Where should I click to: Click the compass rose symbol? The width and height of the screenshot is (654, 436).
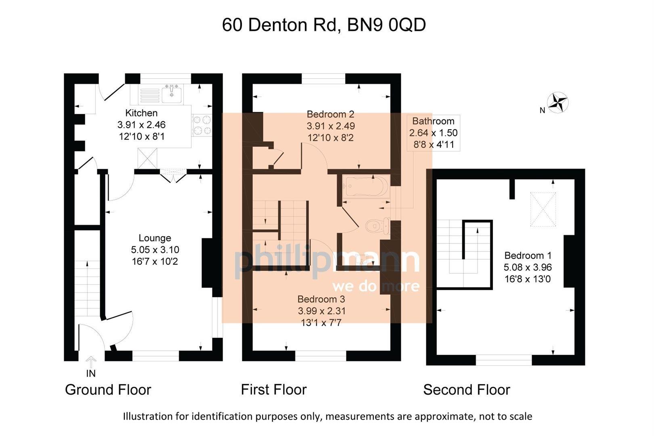click(x=558, y=102)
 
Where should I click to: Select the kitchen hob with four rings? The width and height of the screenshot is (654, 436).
click(x=202, y=125)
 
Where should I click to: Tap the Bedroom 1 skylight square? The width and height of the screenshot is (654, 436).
click(x=543, y=209)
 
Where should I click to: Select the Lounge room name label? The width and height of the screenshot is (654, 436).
click(x=155, y=238)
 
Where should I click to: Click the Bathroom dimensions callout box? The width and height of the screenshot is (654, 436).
click(x=433, y=133)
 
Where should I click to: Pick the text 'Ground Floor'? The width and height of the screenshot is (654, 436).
click(x=108, y=390)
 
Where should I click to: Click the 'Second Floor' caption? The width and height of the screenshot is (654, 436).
click(x=466, y=390)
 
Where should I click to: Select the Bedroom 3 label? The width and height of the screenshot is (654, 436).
click(x=321, y=299)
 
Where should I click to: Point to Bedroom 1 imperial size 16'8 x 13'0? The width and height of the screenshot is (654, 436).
click(x=528, y=279)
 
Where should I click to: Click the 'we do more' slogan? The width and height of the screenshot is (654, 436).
click(x=375, y=286)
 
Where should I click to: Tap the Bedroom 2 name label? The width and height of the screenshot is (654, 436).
click(x=330, y=114)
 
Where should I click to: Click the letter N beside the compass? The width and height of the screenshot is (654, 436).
click(x=542, y=110)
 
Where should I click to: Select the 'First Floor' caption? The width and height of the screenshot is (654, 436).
click(x=274, y=390)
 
